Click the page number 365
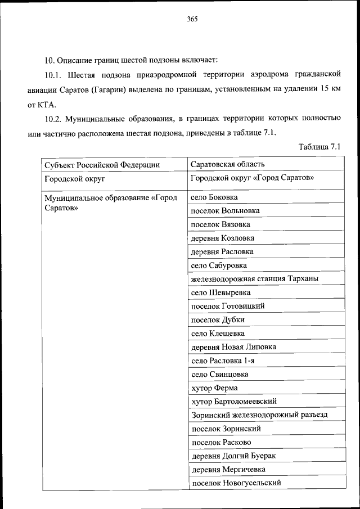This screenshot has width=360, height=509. (x=192, y=19)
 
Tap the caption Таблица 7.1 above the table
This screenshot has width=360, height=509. (x=320, y=147)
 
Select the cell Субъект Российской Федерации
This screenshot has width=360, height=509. (x=101, y=165)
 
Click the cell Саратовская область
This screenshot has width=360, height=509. (x=228, y=164)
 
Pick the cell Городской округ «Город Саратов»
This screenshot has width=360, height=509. (x=252, y=178)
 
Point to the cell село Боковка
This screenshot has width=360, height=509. (x=214, y=197)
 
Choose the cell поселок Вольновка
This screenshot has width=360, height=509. (x=225, y=211)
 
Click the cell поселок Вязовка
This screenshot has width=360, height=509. (x=220, y=224)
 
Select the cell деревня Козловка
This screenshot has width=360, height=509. (x=222, y=238)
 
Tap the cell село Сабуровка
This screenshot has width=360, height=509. (x=219, y=265)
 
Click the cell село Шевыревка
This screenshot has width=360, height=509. (x=220, y=292)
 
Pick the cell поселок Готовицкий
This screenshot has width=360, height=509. (x=228, y=307)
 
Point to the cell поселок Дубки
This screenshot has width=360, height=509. (x=218, y=320)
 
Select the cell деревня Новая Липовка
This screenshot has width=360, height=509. (x=233, y=347)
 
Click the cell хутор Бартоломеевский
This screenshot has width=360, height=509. (x=233, y=402)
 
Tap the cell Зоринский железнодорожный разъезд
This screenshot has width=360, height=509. (x=259, y=415)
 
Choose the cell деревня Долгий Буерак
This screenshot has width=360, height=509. (x=233, y=456)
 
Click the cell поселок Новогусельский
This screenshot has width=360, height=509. (x=236, y=483)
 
